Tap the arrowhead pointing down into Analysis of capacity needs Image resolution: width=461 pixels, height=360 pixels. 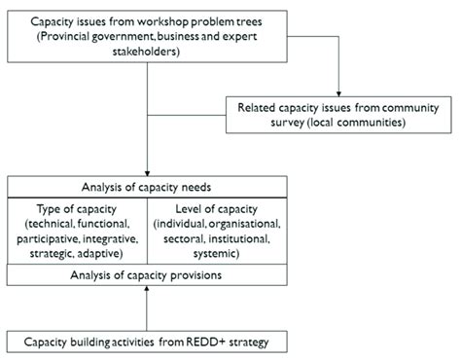coord(146,170)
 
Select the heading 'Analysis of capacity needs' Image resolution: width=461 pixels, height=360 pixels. coord(146,185)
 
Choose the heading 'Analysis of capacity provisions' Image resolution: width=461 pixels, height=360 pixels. coord(146,275)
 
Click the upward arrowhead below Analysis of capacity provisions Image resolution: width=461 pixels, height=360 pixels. coord(146,291)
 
